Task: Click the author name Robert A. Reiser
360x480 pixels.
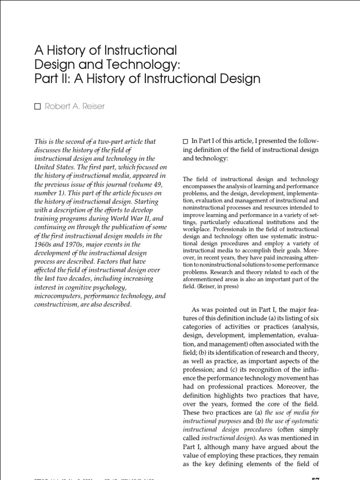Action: pyautogui.click(x=75, y=106)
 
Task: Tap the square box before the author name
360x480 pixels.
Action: pyautogui.click(x=38, y=107)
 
